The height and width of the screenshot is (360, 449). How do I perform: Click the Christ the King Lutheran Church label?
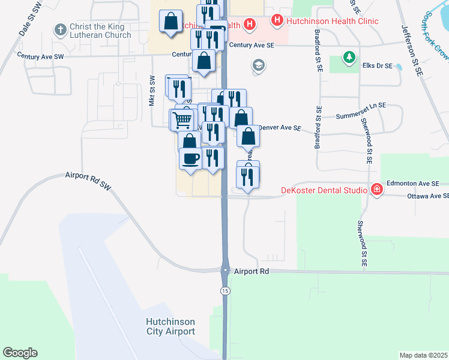pyautogui.click(x=100, y=31)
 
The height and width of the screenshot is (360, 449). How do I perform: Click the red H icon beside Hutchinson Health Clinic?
pyautogui.click(x=277, y=21)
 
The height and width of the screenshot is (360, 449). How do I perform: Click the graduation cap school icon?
pyautogui.click(x=259, y=65)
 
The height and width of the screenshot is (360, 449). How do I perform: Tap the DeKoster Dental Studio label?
pyautogui.click(x=324, y=191)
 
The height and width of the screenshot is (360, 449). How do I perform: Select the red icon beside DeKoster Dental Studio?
pyautogui.click(x=376, y=190)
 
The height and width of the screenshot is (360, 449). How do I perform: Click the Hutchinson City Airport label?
pyautogui.click(x=170, y=326)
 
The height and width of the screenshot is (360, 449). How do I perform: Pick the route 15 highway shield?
pyautogui.click(x=225, y=291)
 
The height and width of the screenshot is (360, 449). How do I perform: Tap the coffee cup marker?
pyautogui.click(x=191, y=159)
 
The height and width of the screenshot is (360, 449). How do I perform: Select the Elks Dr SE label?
pyautogui.click(x=377, y=66)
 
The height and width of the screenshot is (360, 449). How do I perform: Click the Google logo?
pyautogui.click(x=20, y=353)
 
